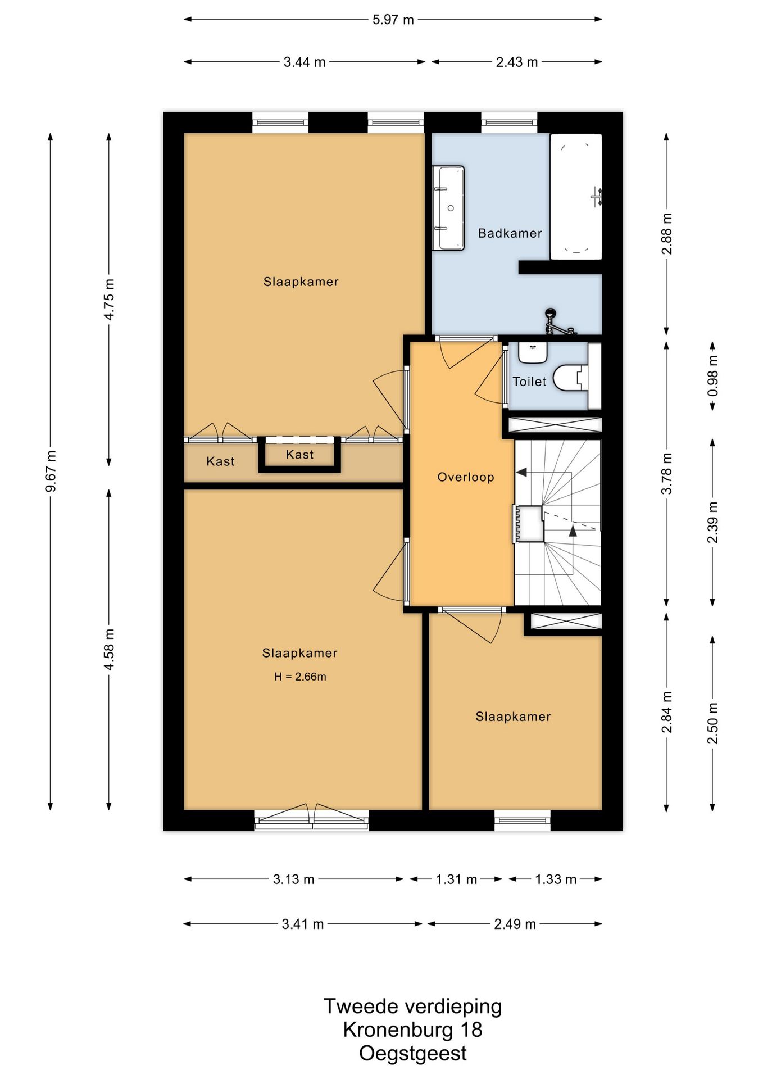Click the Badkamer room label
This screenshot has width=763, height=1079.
510,233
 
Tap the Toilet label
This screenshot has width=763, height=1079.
529,382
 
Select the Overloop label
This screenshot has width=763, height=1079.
466,477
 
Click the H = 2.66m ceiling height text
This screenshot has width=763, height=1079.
300,677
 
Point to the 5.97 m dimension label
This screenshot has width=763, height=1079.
393,20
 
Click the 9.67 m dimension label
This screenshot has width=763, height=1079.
51,471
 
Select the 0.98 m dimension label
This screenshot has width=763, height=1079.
712,375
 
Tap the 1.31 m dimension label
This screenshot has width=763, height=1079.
456,879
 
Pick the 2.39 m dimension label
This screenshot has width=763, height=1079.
712,523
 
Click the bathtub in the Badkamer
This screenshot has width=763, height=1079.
576,197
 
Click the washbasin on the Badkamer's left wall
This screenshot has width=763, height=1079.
449,208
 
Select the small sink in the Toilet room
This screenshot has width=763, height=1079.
533,352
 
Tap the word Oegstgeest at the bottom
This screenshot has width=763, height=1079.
413,1053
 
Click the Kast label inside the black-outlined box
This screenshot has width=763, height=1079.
299,455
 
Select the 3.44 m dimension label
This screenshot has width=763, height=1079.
305,62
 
